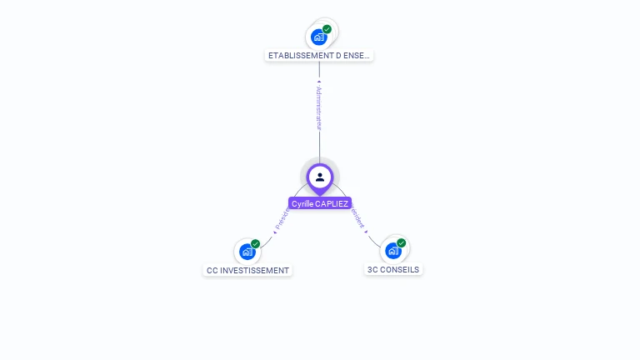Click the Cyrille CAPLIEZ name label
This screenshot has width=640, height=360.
click(320, 203)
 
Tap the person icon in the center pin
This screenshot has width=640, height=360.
click(320, 177)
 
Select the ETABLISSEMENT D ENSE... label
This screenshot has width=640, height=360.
click(319, 55)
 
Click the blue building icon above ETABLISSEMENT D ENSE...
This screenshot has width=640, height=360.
click(318, 37)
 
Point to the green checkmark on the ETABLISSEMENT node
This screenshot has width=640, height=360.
click(327, 29)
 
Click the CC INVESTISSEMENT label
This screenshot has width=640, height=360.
click(247, 270)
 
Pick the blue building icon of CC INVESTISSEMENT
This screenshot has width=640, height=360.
click(247, 251)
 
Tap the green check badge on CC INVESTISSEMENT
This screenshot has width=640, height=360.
click(255, 243)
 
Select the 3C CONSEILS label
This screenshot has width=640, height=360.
click(393, 269)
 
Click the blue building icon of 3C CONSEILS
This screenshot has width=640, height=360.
click(392, 250)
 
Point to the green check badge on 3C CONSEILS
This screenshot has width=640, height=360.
click(401, 242)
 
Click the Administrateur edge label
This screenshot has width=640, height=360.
click(319, 107)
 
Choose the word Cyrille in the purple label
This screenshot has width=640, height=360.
click(302, 203)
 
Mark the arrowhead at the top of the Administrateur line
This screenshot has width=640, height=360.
click(319, 82)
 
